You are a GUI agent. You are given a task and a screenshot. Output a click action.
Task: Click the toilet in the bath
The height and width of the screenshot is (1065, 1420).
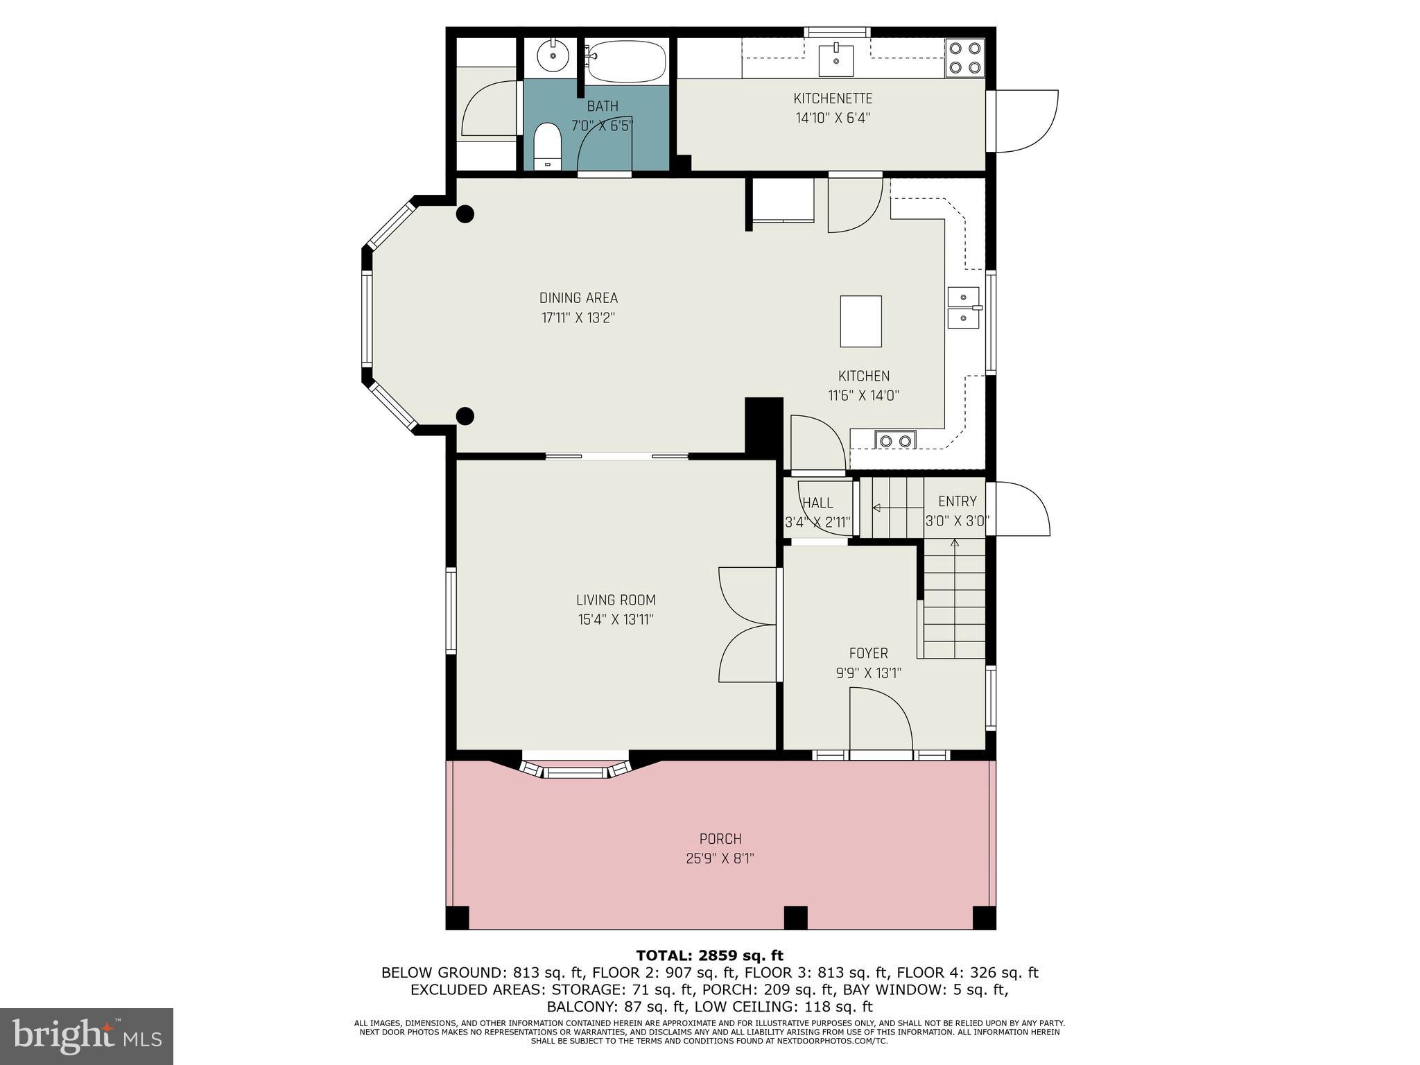point(548,146)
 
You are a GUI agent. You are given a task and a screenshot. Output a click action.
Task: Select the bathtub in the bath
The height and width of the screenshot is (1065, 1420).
point(627,61)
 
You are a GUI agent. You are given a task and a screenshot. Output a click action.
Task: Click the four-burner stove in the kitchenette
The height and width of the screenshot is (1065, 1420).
point(965,58)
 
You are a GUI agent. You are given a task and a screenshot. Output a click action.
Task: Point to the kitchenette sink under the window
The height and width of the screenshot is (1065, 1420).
point(837,58)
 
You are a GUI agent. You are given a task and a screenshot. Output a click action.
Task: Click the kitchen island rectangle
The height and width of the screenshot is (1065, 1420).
point(860,321)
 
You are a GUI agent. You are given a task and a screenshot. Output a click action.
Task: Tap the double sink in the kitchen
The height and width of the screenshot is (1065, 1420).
point(963,307)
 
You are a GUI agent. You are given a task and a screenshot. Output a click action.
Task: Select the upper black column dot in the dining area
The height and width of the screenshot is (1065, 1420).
point(465,214)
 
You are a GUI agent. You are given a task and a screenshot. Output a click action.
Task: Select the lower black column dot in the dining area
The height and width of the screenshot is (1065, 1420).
point(465,416)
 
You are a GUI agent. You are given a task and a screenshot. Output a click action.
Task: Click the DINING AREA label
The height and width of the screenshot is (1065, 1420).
point(578,298)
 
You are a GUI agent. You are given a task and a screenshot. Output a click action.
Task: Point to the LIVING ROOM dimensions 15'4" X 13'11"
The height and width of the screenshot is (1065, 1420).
point(616,619)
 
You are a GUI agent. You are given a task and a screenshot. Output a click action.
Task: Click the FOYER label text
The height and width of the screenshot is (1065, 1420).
point(868,653)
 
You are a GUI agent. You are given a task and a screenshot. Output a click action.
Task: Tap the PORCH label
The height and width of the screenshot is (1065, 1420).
point(720,839)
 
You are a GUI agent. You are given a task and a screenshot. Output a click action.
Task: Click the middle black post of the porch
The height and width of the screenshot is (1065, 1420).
point(795,917)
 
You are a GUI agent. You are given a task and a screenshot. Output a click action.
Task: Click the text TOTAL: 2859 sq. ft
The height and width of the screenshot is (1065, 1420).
point(709,955)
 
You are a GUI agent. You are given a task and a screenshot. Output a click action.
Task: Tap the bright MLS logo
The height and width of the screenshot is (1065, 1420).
point(86,1037)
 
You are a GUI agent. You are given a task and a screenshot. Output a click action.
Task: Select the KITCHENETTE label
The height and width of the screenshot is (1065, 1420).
point(833,98)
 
